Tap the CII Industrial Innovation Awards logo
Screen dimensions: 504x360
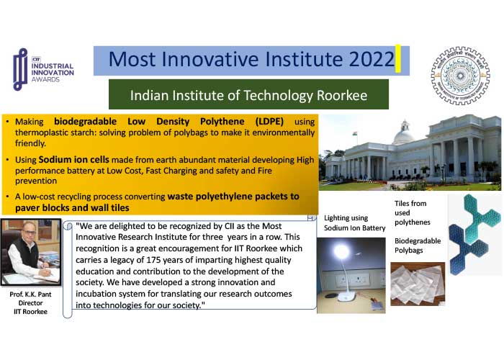(43, 69)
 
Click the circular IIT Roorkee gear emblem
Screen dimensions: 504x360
(460, 76)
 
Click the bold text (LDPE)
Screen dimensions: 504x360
(269, 121)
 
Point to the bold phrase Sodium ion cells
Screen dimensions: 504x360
(73, 159)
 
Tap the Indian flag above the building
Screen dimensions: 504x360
(355, 134)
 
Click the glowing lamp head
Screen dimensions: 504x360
(341, 251)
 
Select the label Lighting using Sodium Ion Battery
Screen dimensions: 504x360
(354, 222)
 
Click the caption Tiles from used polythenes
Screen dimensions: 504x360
(412, 213)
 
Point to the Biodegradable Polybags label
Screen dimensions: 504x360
(418, 246)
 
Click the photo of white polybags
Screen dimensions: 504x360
(418, 284)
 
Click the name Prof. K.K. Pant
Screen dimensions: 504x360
(30, 294)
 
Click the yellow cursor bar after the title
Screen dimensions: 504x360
(398, 58)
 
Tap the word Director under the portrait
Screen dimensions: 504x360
(30, 303)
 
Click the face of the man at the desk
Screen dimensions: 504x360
(28, 231)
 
